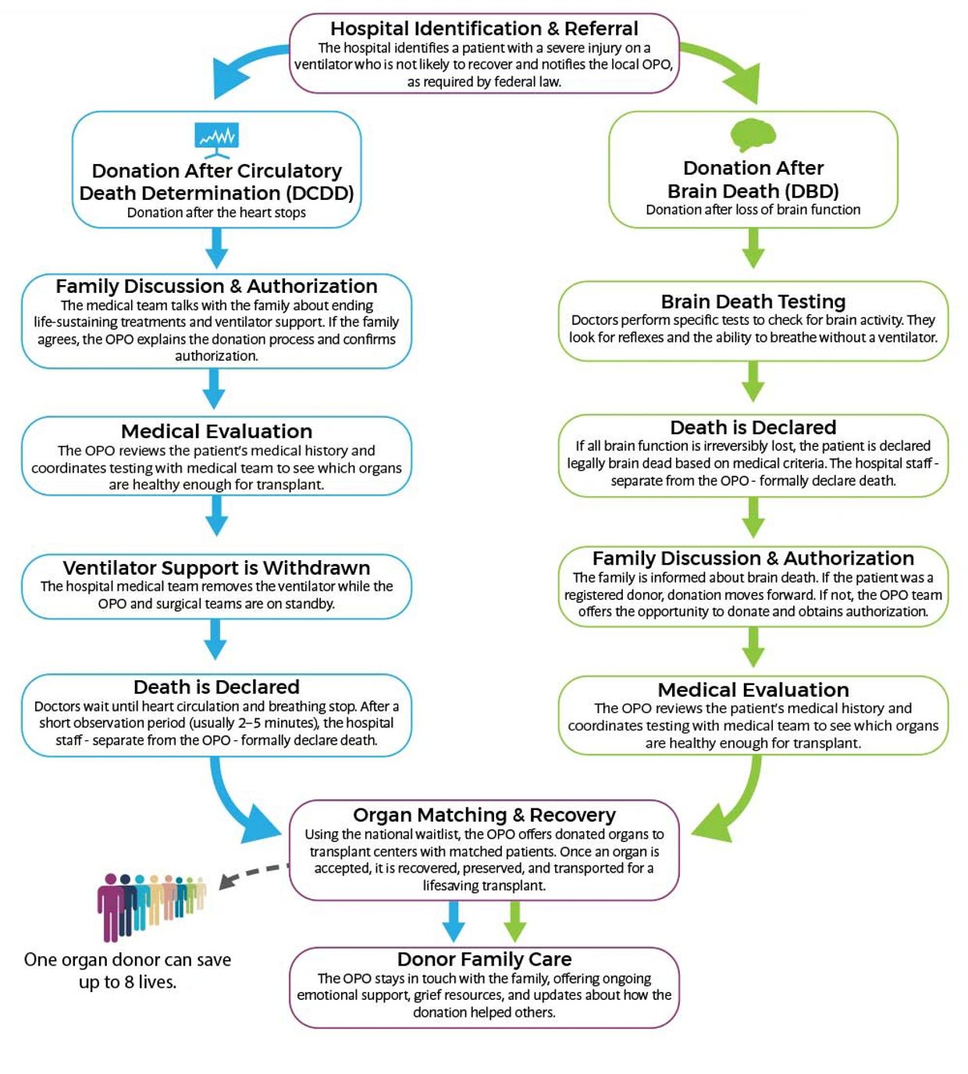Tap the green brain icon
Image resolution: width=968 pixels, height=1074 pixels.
(753, 135)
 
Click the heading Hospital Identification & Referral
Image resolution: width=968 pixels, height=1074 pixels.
(484, 28)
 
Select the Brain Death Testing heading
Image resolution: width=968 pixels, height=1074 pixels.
(753, 302)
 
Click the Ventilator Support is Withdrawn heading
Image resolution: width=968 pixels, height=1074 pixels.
(216, 568)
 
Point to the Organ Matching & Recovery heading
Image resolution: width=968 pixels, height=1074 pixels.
(484, 815)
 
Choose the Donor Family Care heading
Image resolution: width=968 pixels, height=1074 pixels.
(484, 959)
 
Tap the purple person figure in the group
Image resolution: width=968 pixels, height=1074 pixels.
(110, 907)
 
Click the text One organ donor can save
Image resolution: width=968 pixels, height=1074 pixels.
(127, 959)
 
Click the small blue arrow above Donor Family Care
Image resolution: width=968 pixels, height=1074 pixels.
(454, 921)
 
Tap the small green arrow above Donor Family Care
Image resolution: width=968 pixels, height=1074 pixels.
(514, 921)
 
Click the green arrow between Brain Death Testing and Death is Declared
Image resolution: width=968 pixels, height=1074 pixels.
(753, 381)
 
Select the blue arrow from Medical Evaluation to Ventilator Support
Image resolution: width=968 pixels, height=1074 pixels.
(216, 516)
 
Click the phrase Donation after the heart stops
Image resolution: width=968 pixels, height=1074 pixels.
(216, 212)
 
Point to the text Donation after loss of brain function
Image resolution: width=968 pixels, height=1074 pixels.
(753, 209)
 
